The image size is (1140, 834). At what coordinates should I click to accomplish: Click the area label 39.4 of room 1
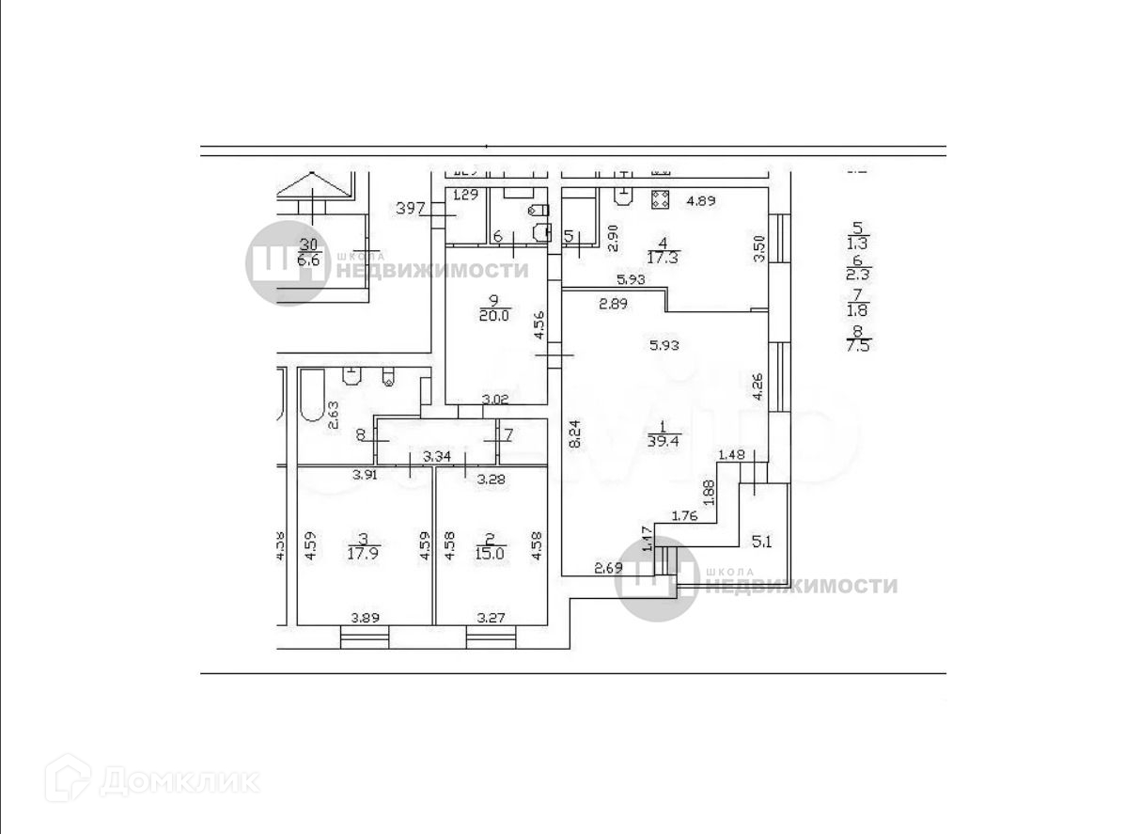pyautogui.click(x=664, y=439)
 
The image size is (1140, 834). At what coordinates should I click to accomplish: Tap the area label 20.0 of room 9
pyautogui.click(x=493, y=316)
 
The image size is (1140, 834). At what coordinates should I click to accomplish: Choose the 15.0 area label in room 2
pyautogui.click(x=489, y=554)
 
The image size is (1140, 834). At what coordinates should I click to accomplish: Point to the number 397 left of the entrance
pyautogui.click(x=410, y=208)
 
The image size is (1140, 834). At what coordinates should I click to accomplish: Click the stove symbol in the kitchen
pyautogui.click(x=660, y=198)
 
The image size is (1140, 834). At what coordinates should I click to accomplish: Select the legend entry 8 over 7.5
pyautogui.click(x=858, y=338)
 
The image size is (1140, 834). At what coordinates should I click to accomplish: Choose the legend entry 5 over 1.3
pyautogui.click(x=856, y=235)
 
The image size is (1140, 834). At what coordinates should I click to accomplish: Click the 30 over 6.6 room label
pyautogui.click(x=308, y=252)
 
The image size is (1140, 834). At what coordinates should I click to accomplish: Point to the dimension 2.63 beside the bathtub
pyautogui.click(x=333, y=415)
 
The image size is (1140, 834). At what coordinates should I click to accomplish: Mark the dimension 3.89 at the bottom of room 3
pyautogui.click(x=366, y=619)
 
